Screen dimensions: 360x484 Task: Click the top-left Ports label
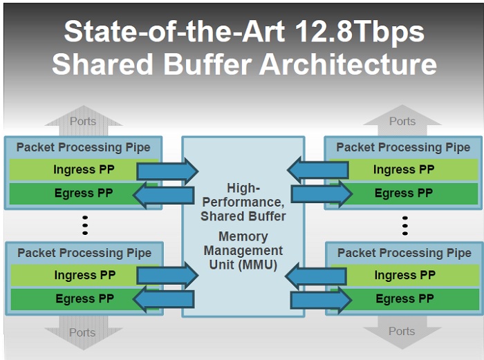tap(83, 122)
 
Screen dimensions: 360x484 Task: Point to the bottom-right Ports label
tap(402, 331)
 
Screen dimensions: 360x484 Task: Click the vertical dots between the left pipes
tap(85, 225)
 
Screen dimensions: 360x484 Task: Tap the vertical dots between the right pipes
tap(404, 225)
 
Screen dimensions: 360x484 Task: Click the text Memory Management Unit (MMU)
tap(243, 250)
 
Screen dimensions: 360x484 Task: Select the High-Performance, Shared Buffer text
tap(243, 202)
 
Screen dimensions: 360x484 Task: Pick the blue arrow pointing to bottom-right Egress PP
tap(321, 300)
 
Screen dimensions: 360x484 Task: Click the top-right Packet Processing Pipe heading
tap(403, 147)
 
